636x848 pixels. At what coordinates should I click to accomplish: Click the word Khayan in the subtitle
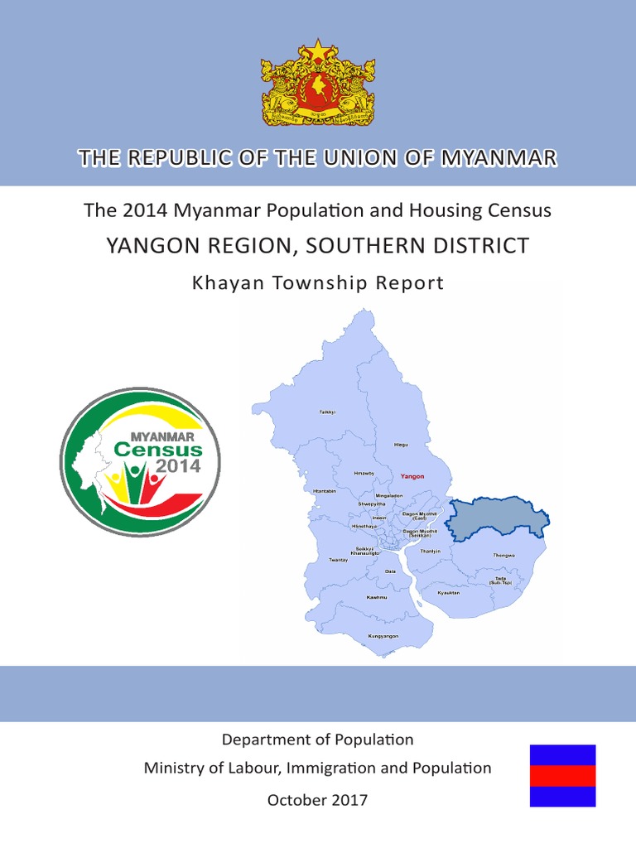(222, 283)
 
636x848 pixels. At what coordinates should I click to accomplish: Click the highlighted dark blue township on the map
(495, 518)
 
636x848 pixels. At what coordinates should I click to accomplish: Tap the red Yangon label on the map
(412, 477)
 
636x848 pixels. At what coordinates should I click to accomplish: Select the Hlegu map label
(401, 445)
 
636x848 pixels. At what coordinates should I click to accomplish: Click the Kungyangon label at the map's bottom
(383, 636)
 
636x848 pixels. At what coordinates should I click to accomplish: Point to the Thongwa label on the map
(503, 555)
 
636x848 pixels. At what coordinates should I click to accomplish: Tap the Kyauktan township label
(448, 593)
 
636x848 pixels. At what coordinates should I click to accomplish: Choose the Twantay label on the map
(339, 560)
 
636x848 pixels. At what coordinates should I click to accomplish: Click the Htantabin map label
(325, 491)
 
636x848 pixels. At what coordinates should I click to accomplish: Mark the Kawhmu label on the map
(377, 597)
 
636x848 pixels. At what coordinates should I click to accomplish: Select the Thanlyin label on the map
(431, 551)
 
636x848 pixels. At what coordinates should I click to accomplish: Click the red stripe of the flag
(563, 776)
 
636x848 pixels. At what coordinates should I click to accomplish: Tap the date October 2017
(318, 800)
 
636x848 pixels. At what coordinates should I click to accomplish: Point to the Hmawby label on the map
(364, 473)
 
